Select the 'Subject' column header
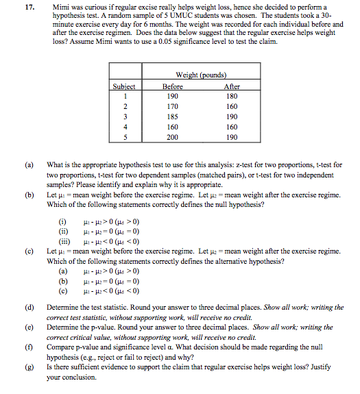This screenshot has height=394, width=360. (124, 87)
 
